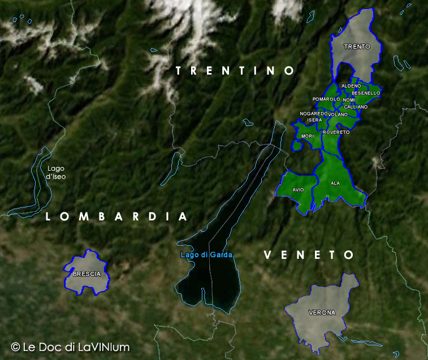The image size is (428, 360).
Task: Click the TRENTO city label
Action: [x=357, y=46]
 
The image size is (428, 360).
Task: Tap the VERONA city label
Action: [x=322, y=313]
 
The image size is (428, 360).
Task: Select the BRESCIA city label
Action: [x=87, y=274]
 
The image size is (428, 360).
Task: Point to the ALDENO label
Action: [x=351, y=86]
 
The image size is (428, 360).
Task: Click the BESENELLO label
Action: [x=366, y=93]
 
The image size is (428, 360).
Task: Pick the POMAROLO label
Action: [x=326, y=99]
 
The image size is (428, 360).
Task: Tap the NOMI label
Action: [x=349, y=100]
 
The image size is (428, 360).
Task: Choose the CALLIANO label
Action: [x=356, y=107]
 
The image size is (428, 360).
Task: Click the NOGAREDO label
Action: [x=313, y=114]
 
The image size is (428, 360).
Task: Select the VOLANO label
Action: [x=338, y=115]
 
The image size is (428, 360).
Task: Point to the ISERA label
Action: [x=314, y=120]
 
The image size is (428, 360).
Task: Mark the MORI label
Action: [x=308, y=136]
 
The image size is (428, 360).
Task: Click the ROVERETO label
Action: [x=336, y=132]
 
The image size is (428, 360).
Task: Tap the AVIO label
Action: [x=298, y=190]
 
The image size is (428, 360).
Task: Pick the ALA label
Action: [x=335, y=183]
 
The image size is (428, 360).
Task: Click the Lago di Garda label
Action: [x=206, y=255]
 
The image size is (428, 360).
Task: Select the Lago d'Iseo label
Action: [x=56, y=172]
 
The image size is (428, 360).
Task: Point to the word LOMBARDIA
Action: [x=116, y=216]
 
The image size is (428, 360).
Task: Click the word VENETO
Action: [x=309, y=255]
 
